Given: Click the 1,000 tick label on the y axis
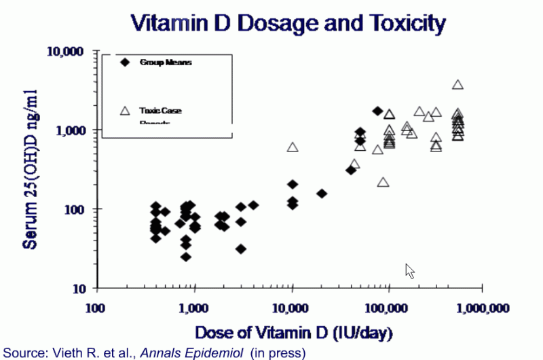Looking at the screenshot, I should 69,130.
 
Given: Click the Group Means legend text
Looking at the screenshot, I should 166,62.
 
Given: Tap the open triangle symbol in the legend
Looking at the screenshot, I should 125,111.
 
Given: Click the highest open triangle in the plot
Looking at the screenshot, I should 457,85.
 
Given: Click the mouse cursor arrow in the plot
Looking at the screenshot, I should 409,270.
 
